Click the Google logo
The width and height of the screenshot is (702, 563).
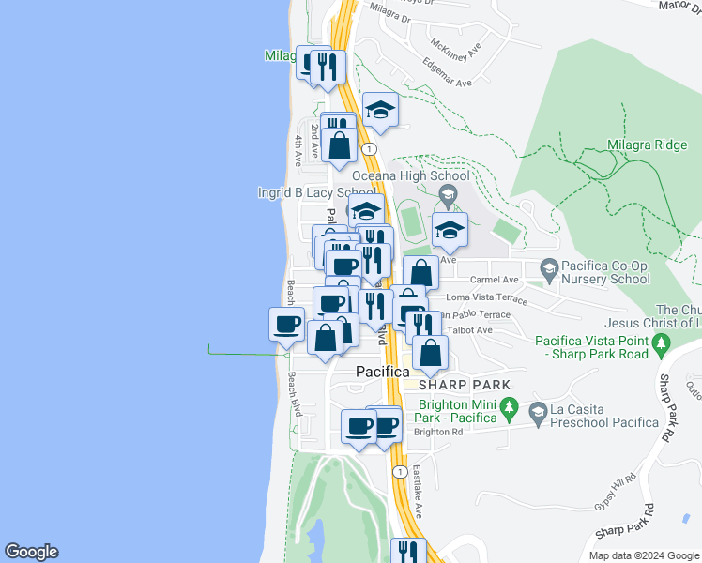(32, 552)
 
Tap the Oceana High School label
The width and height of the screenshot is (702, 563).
(410, 175)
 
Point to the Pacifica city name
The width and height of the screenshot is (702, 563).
(382, 372)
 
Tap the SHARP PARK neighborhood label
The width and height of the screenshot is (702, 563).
(465, 385)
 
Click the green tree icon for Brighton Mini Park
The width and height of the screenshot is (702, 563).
(510, 408)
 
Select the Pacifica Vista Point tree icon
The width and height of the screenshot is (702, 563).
(664, 345)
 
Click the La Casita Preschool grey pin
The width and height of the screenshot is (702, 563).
(538, 412)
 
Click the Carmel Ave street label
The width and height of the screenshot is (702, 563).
(495, 280)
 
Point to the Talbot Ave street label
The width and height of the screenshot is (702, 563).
(470, 330)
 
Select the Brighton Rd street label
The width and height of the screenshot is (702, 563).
(438, 432)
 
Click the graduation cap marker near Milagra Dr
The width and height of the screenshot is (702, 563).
(381, 111)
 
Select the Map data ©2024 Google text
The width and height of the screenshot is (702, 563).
(643, 555)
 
